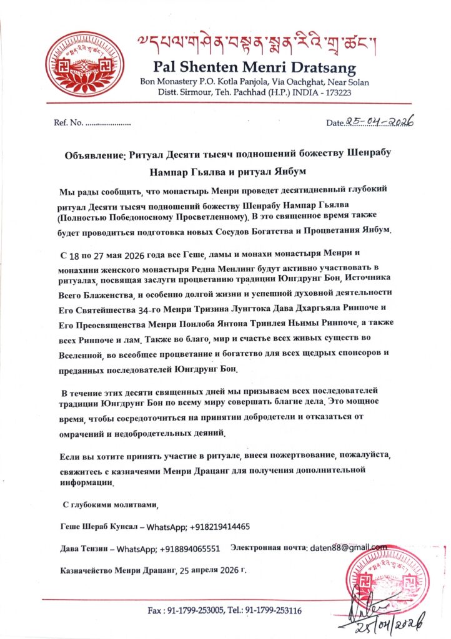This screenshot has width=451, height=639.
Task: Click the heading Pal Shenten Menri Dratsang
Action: (254, 67)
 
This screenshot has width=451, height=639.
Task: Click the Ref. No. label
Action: (68, 122)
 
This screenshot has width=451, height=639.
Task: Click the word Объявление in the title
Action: (95, 155)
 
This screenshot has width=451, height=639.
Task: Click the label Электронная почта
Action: (268, 547)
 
